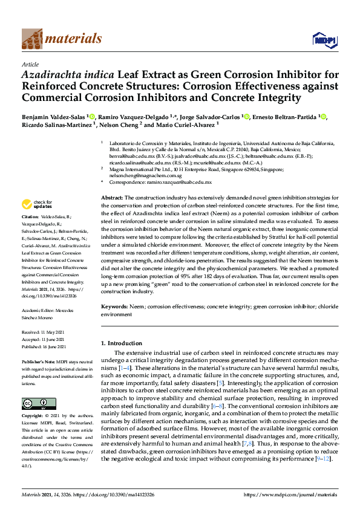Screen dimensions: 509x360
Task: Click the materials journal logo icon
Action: click(x=32, y=39)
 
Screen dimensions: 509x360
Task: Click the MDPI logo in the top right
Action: click(x=324, y=40)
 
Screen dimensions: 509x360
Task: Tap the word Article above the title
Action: click(x=30, y=64)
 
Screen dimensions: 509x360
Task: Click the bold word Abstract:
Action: click(x=112, y=198)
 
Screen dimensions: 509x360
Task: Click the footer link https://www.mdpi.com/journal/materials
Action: click(x=289, y=494)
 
